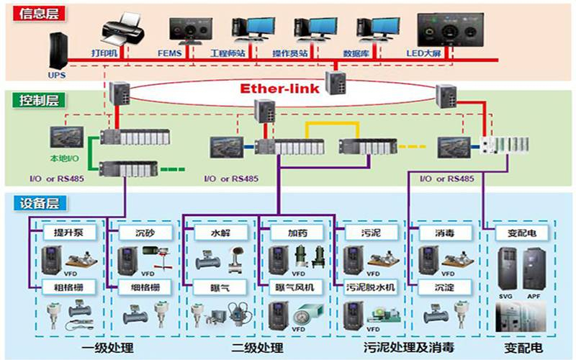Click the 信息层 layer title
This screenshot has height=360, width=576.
pos(31,12)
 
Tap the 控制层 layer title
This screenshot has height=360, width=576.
pos(31,100)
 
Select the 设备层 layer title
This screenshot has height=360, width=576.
pos(31,203)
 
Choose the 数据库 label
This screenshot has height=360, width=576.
pos(356,54)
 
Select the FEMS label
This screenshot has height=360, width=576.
pos(171,54)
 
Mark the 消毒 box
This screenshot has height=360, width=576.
pos(444,233)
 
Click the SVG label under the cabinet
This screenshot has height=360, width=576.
pos(504,295)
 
